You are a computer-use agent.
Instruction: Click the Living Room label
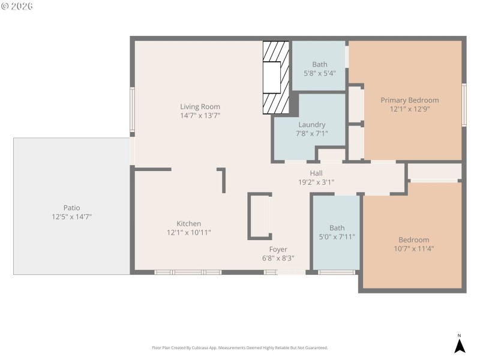point(200,107)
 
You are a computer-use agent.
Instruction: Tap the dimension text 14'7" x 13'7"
point(200,115)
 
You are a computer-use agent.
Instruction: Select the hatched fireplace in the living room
point(276,77)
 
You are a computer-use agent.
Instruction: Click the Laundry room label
point(312,125)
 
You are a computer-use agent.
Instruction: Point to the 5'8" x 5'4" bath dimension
point(319,73)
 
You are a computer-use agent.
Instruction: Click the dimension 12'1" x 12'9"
point(409,109)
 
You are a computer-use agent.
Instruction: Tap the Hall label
point(316,173)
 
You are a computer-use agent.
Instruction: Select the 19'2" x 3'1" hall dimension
point(316,182)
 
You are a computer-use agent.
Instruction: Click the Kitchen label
point(188,224)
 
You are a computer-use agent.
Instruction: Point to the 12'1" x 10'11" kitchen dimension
point(188,232)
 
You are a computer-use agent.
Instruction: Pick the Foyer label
point(278,249)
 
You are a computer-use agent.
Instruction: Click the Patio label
point(71,208)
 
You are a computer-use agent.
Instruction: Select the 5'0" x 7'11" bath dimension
point(337,236)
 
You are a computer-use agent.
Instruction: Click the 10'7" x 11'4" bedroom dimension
point(413,248)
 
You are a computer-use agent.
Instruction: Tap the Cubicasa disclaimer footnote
point(240,348)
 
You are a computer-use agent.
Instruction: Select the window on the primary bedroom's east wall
point(464,105)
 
